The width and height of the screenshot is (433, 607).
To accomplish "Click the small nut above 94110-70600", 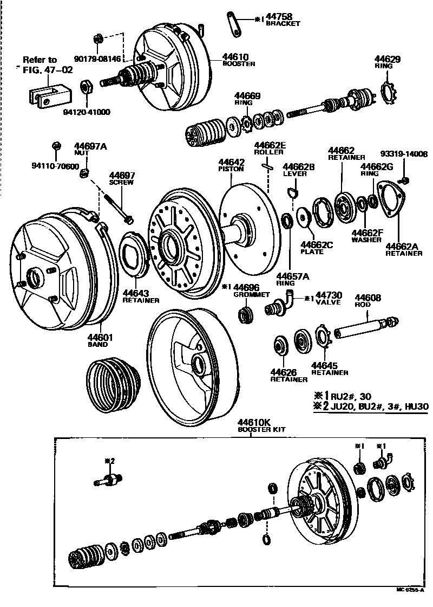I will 56,146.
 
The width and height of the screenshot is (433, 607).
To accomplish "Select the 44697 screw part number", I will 122,176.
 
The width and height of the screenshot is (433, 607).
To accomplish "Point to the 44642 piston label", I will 232,162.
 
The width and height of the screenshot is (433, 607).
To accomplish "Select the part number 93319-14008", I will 404,154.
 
